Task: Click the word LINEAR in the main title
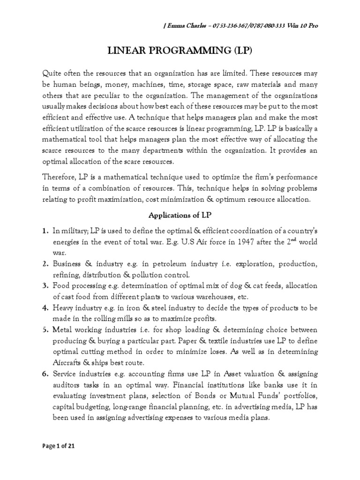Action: (x=123, y=50)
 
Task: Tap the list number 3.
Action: (x=45, y=285)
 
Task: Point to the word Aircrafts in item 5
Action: (x=69, y=362)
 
